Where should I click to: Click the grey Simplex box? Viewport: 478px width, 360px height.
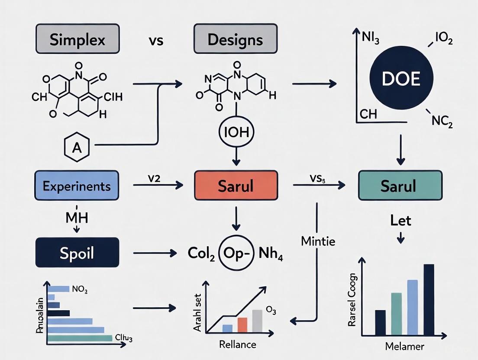click(x=78, y=39)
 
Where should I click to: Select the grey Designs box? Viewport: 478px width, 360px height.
click(x=235, y=39)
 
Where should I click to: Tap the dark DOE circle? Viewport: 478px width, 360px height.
click(x=400, y=79)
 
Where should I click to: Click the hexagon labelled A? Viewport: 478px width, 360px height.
click(x=77, y=148)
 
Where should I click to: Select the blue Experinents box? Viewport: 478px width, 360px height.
click(x=77, y=186)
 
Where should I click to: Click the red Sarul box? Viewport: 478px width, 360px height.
click(x=236, y=186)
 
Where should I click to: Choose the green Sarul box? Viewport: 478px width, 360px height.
click(x=400, y=186)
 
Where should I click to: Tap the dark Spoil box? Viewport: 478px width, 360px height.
click(x=77, y=252)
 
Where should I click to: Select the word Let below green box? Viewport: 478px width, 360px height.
click(x=400, y=221)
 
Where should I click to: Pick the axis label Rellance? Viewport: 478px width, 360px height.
click(x=237, y=344)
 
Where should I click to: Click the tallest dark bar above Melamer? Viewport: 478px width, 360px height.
click(x=429, y=299)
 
